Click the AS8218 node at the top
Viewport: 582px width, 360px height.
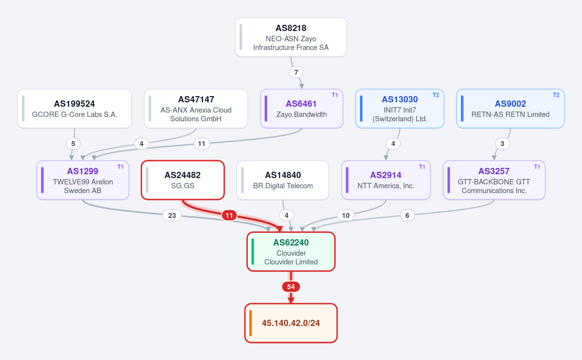tap(291, 37)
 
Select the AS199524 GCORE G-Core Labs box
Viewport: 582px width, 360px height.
tap(75, 108)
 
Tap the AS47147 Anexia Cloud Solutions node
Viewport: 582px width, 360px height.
tap(196, 108)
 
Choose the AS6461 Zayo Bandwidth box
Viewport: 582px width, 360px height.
tap(301, 108)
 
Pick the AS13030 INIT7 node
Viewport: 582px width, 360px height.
tap(400, 108)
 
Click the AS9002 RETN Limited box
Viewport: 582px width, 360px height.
tap(510, 108)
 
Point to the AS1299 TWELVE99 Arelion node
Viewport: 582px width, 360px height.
tap(82, 180)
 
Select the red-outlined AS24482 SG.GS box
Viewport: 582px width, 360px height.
tap(183, 180)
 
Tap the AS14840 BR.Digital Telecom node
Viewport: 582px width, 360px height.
tap(283, 180)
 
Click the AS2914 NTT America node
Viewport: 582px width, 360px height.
tap(386, 180)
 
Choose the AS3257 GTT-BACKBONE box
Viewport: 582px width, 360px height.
tap(494, 180)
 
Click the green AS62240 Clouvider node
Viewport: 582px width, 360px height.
tap(291, 252)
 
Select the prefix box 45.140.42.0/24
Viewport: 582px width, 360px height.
tap(291, 323)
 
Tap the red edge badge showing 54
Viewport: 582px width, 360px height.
tap(291, 287)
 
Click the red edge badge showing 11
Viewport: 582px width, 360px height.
tap(229, 215)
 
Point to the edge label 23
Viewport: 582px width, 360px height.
tap(172, 215)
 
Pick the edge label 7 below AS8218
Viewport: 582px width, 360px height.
tap(296, 72)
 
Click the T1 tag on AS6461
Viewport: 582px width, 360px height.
tap(335, 95)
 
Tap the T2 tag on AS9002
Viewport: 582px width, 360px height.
tap(556, 95)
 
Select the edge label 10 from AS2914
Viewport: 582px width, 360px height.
tap(345, 215)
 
